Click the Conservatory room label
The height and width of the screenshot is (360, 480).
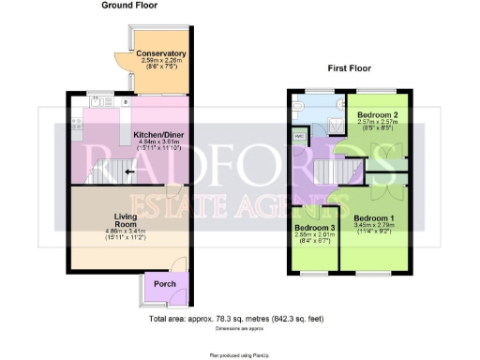click(161, 53)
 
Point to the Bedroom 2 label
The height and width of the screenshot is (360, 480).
click(378, 114)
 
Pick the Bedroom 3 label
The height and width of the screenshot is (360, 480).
click(314, 228)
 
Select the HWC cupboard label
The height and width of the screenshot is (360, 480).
click(300, 137)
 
